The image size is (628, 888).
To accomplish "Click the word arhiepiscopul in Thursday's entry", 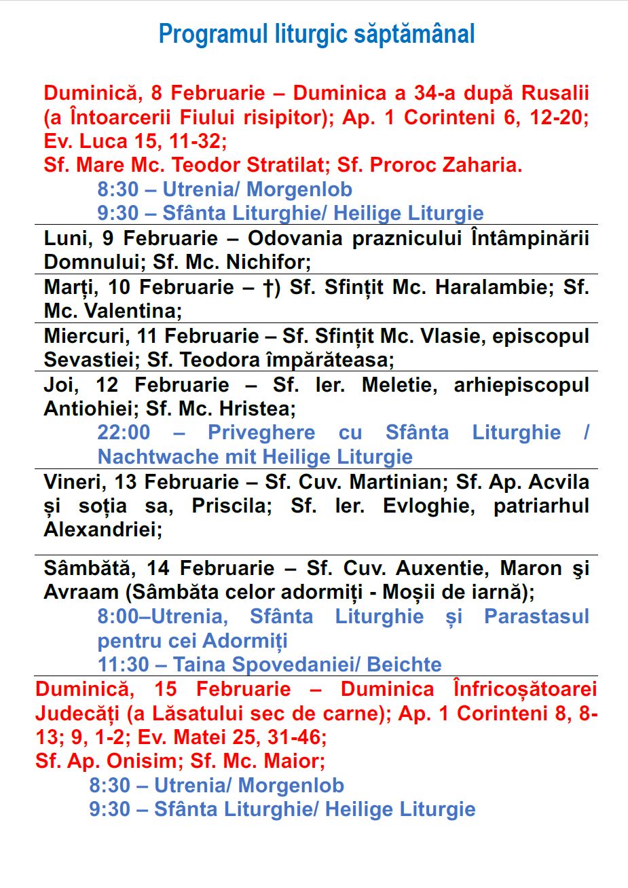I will click(x=521, y=385).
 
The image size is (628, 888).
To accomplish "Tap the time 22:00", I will click(x=124, y=433).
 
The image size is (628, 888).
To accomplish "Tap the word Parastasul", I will click(x=536, y=616).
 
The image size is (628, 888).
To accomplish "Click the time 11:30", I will click(x=124, y=665).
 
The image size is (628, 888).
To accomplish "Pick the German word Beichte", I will click(x=405, y=665).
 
